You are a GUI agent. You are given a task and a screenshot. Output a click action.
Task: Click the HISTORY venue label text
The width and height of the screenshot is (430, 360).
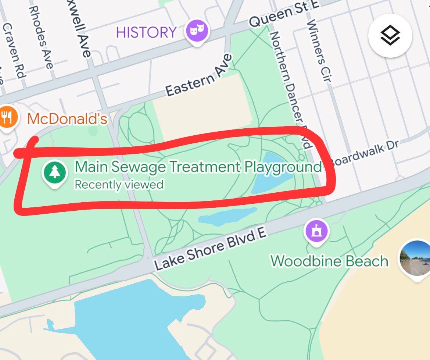[x=146, y=32]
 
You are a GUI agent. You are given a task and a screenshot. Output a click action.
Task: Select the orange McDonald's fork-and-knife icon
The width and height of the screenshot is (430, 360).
[x=7, y=118]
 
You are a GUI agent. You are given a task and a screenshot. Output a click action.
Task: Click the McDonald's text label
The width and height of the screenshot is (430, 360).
[x=67, y=119]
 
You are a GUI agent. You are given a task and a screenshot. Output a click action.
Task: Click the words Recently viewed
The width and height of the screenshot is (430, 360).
[x=119, y=184]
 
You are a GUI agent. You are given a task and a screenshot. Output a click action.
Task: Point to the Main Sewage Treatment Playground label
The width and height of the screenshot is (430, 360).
[x=198, y=167]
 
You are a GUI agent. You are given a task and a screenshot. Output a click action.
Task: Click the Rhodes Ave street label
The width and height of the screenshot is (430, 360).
[x=40, y=37]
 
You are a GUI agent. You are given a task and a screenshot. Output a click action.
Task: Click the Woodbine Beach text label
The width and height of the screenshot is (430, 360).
[x=329, y=261]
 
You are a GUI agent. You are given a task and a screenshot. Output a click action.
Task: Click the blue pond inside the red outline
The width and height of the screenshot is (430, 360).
[x=272, y=173]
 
